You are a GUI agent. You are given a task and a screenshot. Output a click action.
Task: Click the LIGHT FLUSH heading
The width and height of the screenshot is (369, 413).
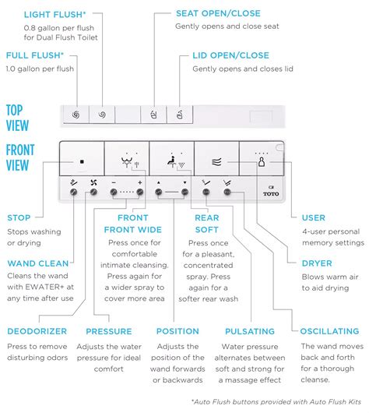[x=54, y=15]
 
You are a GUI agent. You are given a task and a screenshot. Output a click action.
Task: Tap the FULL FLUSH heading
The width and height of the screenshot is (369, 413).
[x=35, y=55]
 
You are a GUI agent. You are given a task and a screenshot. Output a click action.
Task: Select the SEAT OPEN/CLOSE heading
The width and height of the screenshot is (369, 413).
[x=218, y=13]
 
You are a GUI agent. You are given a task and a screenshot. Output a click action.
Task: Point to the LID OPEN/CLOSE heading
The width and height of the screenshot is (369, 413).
[x=231, y=55]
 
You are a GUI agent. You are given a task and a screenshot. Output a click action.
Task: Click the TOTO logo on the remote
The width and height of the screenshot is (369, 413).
[x=271, y=192]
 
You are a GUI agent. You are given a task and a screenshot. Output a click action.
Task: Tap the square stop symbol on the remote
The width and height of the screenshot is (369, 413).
[x=82, y=162]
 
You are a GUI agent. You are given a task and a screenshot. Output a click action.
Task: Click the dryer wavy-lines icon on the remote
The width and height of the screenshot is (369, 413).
[x=216, y=162]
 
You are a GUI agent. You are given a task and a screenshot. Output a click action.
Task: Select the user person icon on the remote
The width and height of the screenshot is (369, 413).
[x=262, y=162]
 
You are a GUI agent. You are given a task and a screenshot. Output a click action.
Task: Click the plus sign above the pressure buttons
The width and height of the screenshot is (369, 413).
[x=140, y=182]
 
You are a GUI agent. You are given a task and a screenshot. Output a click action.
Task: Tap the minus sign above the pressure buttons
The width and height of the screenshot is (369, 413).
[x=114, y=182]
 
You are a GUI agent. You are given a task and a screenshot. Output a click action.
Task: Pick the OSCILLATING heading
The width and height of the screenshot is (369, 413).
[x=329, y=331]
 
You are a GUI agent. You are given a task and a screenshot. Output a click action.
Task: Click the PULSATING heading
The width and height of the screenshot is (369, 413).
[x=250, y=331]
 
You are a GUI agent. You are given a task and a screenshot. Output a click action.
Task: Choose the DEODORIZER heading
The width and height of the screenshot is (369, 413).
[x=37, y=331]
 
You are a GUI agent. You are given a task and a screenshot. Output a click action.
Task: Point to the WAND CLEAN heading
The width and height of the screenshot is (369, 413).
[x=38, y=263]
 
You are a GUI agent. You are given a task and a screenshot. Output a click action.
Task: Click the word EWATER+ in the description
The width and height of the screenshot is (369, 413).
[x=40, y=287]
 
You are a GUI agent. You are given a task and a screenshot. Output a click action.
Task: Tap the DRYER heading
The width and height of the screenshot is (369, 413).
[x=317, y=263]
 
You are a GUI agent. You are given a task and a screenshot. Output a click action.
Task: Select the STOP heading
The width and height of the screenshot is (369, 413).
[x=19, y=218]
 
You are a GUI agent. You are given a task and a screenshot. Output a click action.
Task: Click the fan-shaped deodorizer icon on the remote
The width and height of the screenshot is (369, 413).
[x=93, y=182]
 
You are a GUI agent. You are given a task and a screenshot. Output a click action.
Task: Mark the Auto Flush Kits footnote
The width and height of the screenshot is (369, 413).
[x=276, y=402]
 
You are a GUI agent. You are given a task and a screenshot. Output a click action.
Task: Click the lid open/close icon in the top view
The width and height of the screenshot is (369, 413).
[x=180, y=115]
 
